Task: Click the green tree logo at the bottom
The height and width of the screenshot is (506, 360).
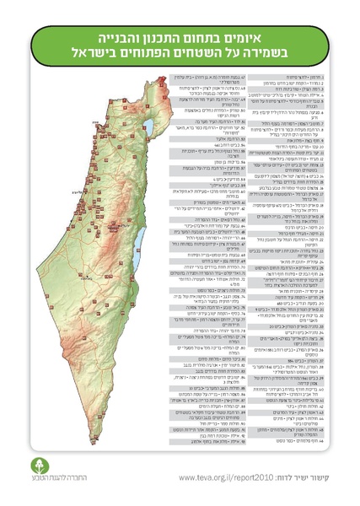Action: point(35,466)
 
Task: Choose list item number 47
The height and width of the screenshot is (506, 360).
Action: point(215,77)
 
